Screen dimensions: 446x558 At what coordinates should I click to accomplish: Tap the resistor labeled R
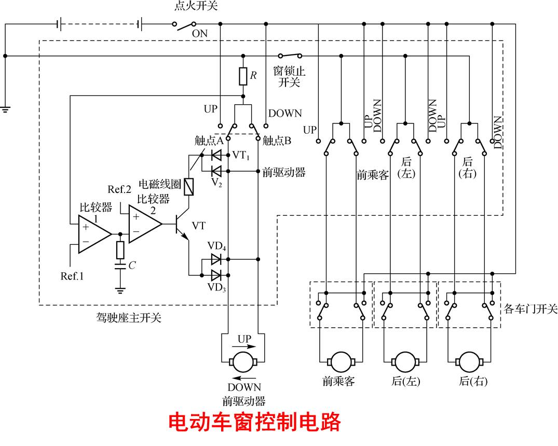(x=242, y=76)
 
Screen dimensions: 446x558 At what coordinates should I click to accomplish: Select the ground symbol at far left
(x=5, y=109)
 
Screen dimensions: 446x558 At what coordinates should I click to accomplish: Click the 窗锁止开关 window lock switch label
(x=289, y=77)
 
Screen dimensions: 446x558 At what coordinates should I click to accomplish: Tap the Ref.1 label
(x=72, y=276)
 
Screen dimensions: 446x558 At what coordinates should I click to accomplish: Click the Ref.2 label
(x=119, y=189)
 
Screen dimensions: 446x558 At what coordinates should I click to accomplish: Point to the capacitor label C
(x=132, y=266)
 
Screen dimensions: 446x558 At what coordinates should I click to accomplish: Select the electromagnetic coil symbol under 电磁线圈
(x=189, y=187)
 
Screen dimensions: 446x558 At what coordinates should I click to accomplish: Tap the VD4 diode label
(x=216, y=246)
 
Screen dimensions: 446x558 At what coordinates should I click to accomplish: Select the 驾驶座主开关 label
(x=125, y=317)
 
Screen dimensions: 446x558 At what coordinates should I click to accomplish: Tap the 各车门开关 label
(x=530, y=309)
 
